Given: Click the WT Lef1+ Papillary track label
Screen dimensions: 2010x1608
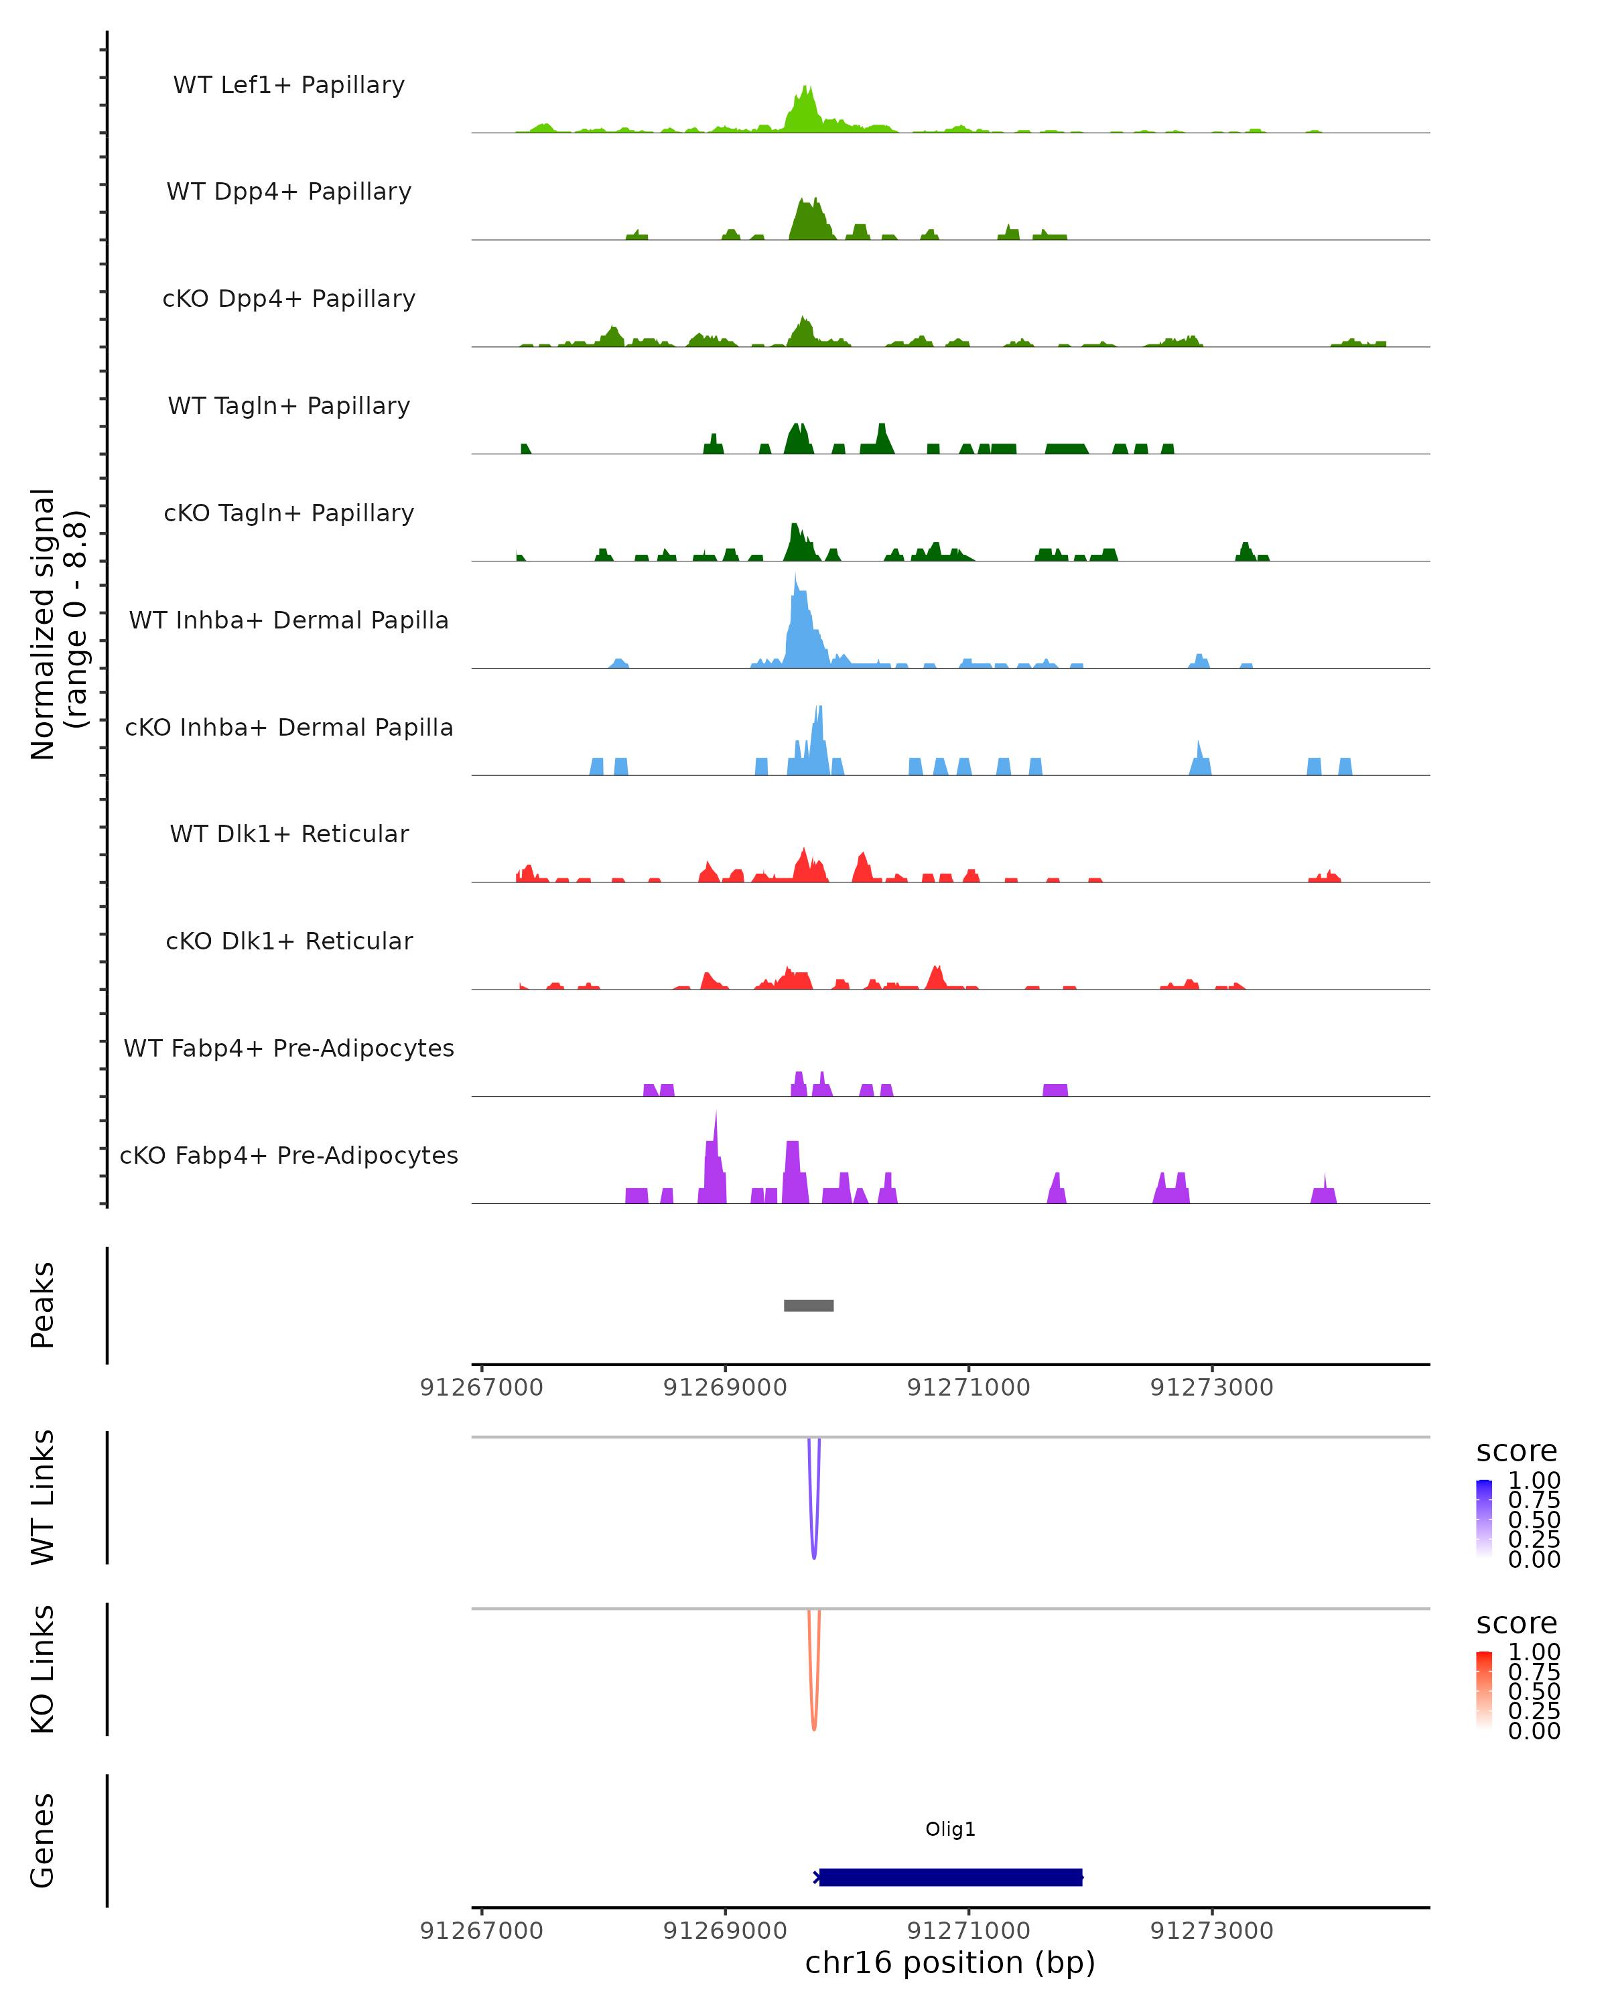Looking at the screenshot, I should click(x=289, y=85).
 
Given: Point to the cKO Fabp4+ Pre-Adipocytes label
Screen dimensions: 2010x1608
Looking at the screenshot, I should click(x=289, y=1155).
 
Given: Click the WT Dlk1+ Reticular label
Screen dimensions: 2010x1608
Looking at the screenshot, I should click(x=289, y=833).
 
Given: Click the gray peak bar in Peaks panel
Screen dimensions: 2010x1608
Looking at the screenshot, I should click(x=808, y=1305).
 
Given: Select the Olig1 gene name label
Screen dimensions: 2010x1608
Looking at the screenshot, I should click(x=950, y=1828).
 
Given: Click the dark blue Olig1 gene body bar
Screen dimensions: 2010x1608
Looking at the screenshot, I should click(x=950, y=1877).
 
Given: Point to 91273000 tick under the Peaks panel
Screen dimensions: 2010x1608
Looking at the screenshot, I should click(x=1212, y=1388).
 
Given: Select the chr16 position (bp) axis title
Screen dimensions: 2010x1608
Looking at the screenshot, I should click(x=950, y=1962).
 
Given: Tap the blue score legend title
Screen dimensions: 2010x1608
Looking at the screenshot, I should click(x=1517, y=1452).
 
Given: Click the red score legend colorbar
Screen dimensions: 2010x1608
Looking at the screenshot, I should click(x=1484, y=1691).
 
